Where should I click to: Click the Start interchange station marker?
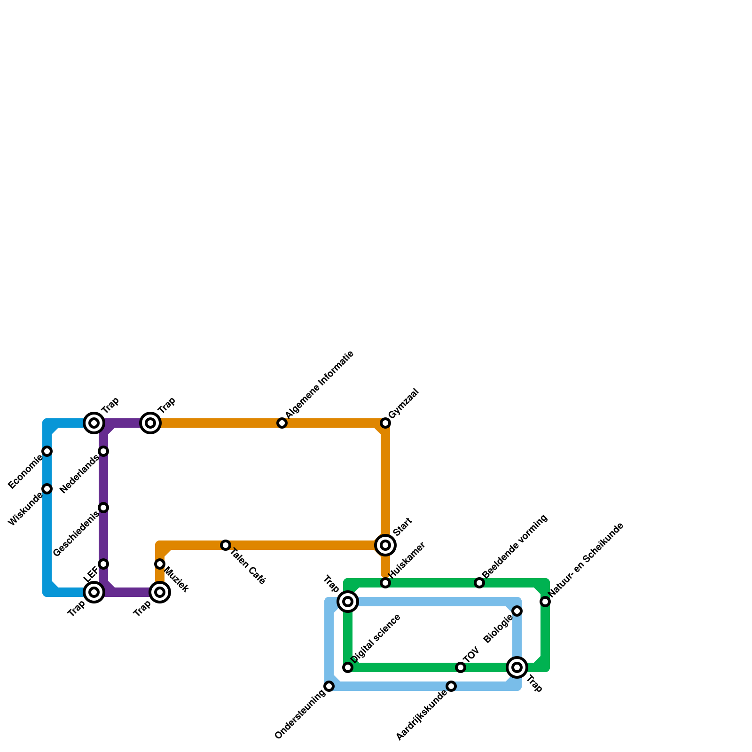pos(385,545)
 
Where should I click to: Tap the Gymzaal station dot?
pos(385,423)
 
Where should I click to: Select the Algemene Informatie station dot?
pos(282,423)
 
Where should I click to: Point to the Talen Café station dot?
pos(226,545)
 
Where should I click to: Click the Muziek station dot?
pos(160,564)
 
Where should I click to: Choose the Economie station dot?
pos(47,451)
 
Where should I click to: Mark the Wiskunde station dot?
pos(47,489)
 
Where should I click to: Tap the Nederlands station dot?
pos(104,451)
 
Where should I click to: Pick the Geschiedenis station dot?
pos(104,508)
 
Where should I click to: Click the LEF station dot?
pos(104,564)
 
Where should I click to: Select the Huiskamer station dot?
pos(385,583)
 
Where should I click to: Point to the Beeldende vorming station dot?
pos(479,583)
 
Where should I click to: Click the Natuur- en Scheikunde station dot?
pos(545,602)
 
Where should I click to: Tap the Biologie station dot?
pos(517,611)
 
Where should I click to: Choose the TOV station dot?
pos(461,667)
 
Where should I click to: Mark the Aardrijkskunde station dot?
pos(451,686)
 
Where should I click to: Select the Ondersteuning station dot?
pos(329,686)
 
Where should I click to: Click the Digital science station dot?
pos(348,667)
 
